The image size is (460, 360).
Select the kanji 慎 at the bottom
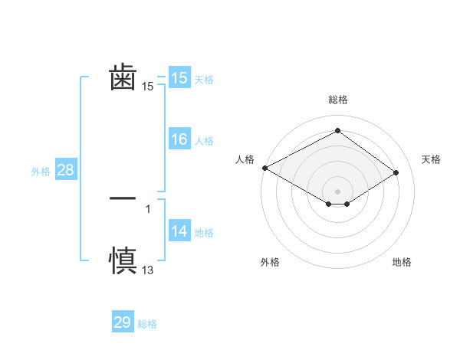click(123, 260)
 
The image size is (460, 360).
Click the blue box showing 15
click(179, 78)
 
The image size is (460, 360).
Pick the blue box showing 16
click(179, 139)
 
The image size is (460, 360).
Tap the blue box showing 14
click(179, 232)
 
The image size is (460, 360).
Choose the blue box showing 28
click(65, 170)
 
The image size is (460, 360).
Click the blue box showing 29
click(123, 322)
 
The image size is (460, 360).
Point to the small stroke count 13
click(148, 270)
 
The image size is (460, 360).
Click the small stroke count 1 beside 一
click(148, 208)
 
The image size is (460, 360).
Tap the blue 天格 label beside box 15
click(204, 80)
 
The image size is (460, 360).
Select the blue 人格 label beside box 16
click(204, 141)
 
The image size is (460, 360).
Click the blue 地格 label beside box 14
click(204, 233)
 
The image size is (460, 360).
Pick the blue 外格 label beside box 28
click(41, 172)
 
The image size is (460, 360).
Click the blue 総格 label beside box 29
click(147, 324)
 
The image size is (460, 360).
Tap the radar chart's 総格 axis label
click(338, 100)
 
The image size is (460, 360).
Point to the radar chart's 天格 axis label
click(431, 159)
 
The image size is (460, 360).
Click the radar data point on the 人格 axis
click(264, 167)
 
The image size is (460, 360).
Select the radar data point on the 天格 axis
click(396, 172)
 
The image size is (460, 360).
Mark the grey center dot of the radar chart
click(338, 191)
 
